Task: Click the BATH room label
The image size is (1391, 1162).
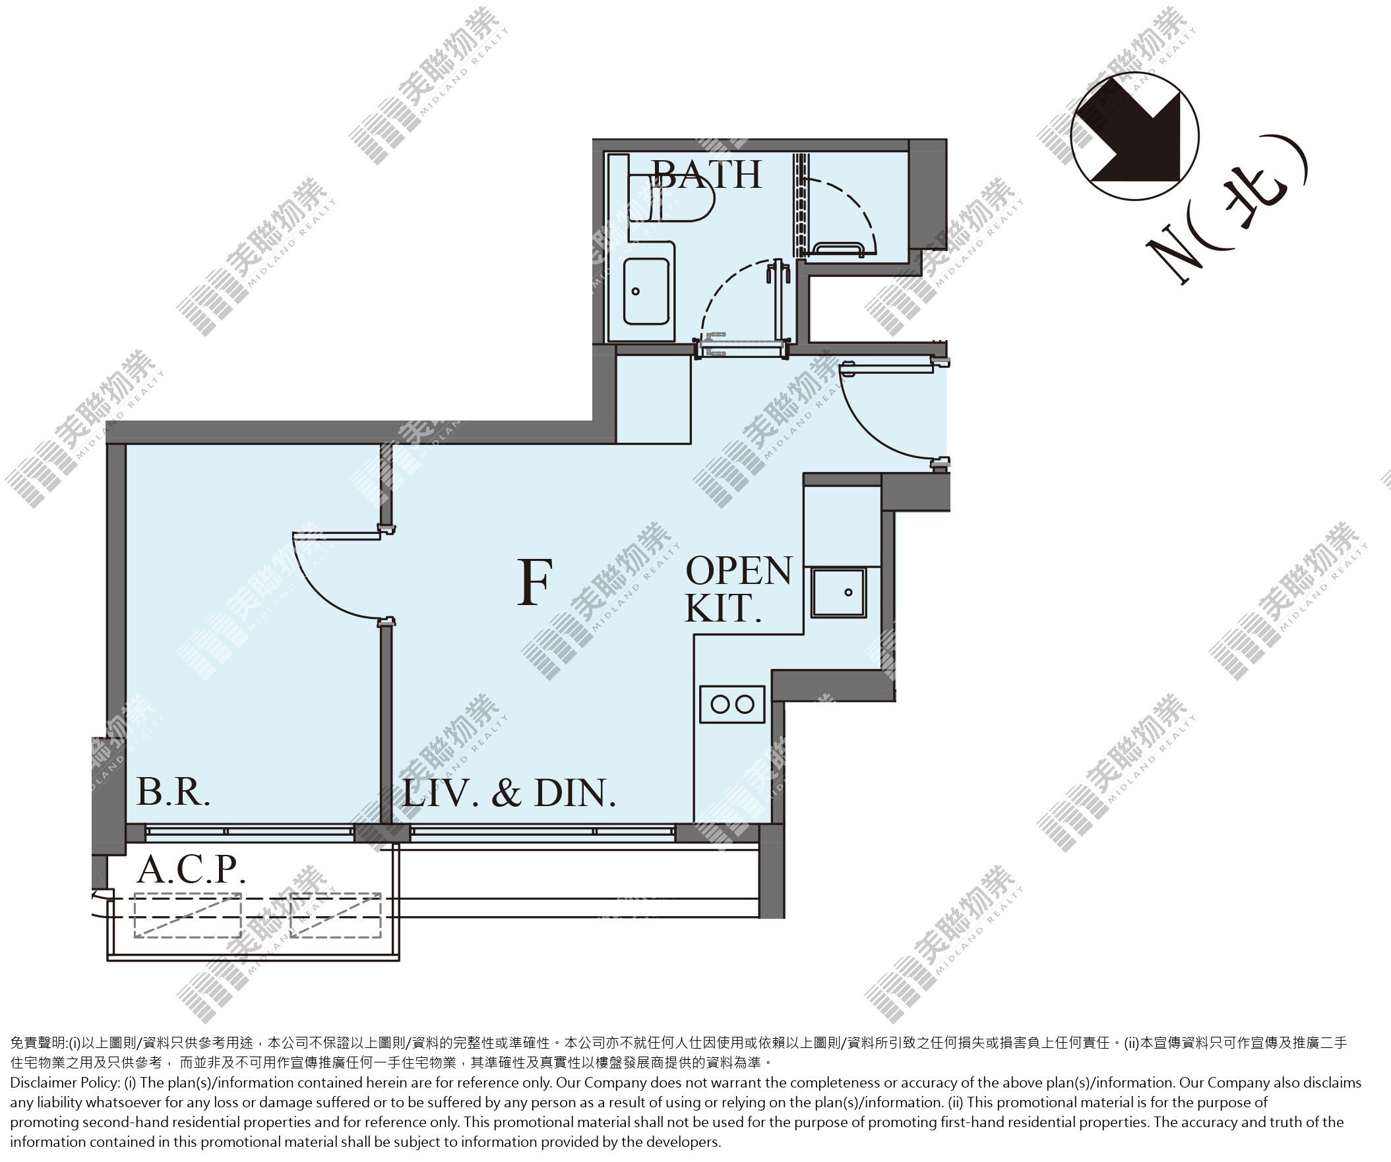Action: pyautogui.click(x=707, y=175)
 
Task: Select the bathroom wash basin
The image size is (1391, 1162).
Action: pyautogui.click(x=646, y=291)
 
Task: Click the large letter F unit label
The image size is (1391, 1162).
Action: pyautogui.click(x=534, y=582)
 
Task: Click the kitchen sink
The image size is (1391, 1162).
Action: pyautogui.click(x=838, y=593)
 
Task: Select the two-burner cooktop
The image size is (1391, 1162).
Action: pyautogui.click(x=732, y=705)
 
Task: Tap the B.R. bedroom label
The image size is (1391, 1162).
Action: pyautogui.click(x=173, y=791)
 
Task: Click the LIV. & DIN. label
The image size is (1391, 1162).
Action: pyautogui.click(x=509, y=792)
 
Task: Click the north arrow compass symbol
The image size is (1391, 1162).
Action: pyautogui.click(x=1134, y=136)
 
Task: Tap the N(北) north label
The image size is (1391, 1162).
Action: pyautogui.click(x=1229, y=219)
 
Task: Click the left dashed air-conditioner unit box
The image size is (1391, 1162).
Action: pyautogui.click(x=187, y=915)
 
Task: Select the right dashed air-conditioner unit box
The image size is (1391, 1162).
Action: pyautogui.click(x=336, y=915)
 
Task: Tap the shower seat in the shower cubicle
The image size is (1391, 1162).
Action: pyautogui.click(x=838, y=248)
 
